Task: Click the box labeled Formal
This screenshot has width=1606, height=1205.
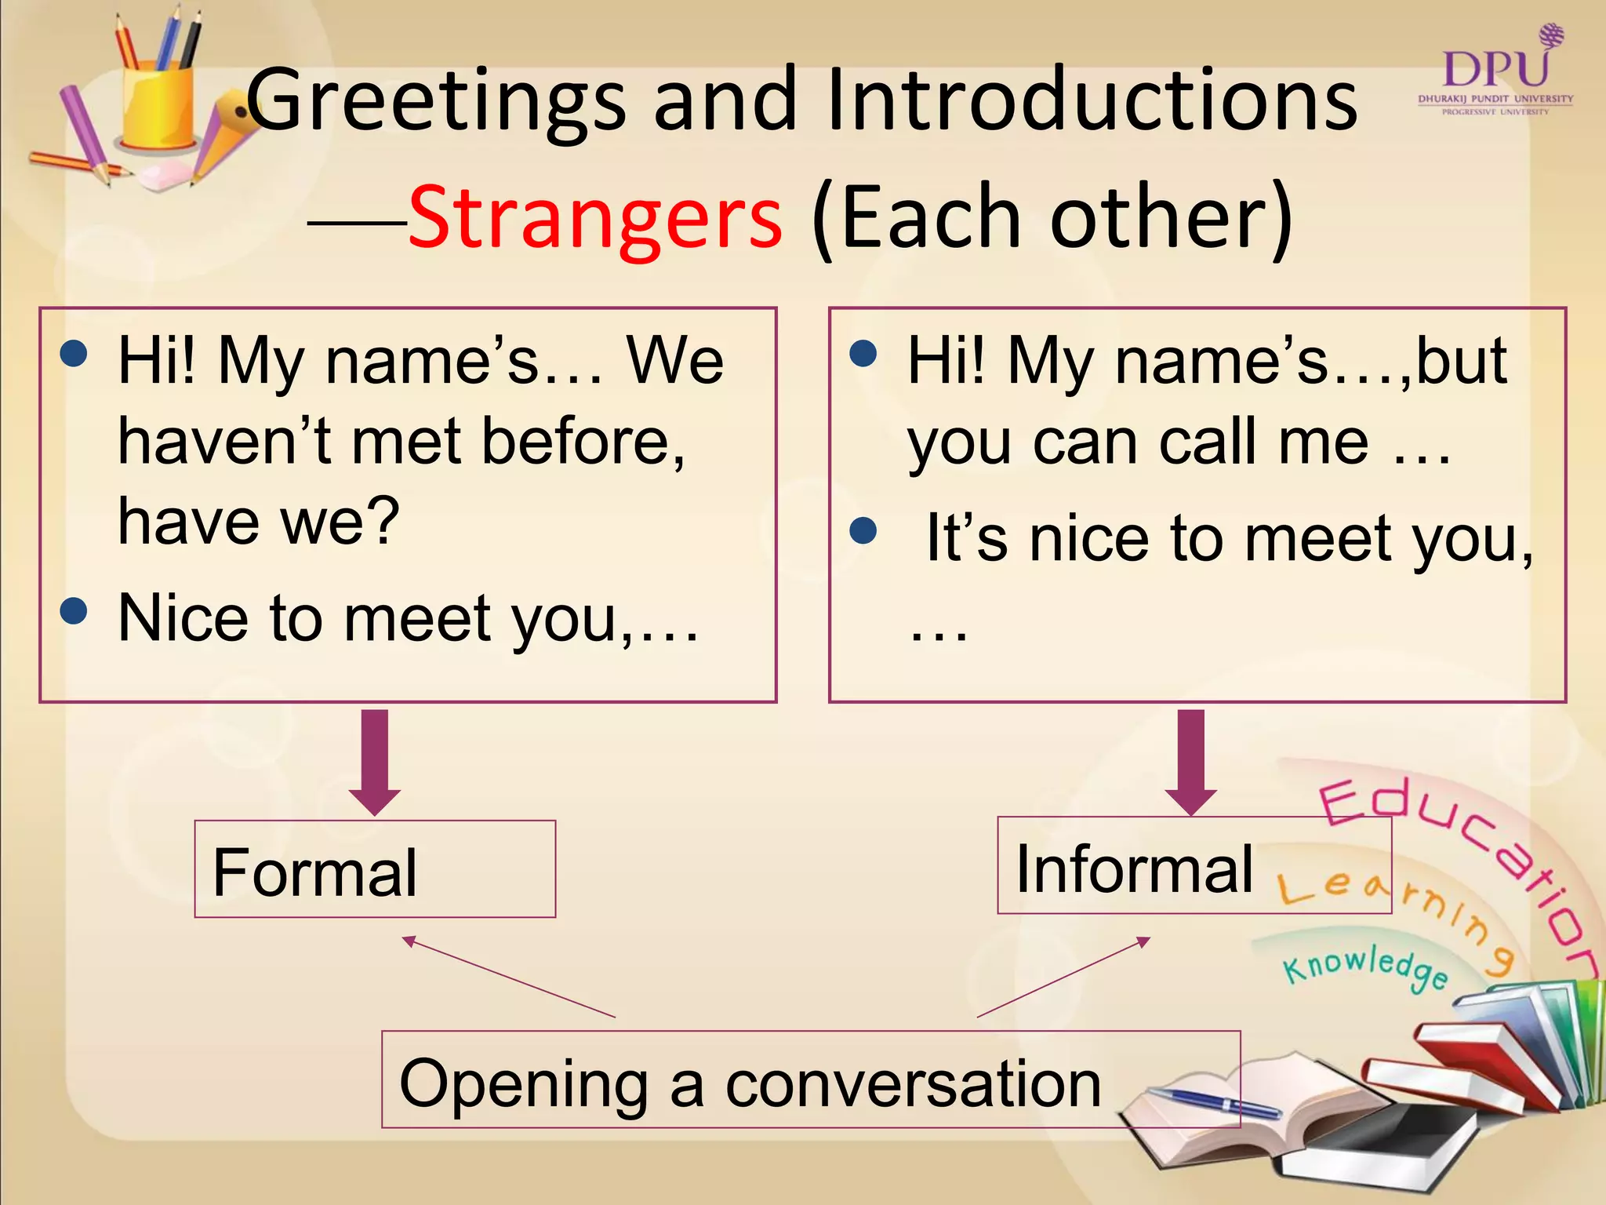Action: [375, 869]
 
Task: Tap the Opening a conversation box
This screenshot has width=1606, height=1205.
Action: [810, 1080]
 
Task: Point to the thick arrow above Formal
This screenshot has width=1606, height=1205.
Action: [375, 762]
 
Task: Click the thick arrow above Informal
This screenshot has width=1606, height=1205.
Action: [1190, 762]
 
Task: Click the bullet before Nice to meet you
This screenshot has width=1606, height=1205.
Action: [74, 610]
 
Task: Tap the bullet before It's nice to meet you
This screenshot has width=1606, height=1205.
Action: [863, 531]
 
